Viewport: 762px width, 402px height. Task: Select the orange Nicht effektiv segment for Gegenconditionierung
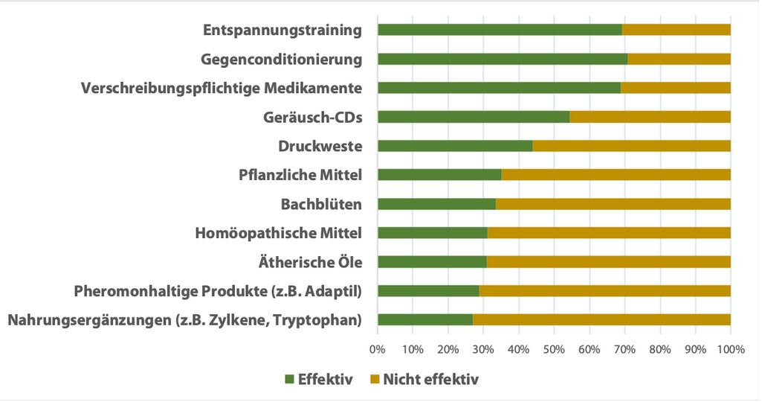coord(679,59)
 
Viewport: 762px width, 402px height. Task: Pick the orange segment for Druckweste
coord(631,146)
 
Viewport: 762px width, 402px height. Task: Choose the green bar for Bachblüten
coord(436,204)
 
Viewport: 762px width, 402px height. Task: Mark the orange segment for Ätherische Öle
coord(608,262)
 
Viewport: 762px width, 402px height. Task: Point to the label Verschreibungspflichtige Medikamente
coord(222,89)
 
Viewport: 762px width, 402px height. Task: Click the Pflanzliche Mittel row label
coord(300,176)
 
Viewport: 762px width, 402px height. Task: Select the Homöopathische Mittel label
coord(278,234)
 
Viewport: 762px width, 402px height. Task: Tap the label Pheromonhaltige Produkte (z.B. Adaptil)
coord(218,291)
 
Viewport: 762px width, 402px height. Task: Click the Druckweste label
coord(320,147)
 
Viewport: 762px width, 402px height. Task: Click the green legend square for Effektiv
coord(289,380)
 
